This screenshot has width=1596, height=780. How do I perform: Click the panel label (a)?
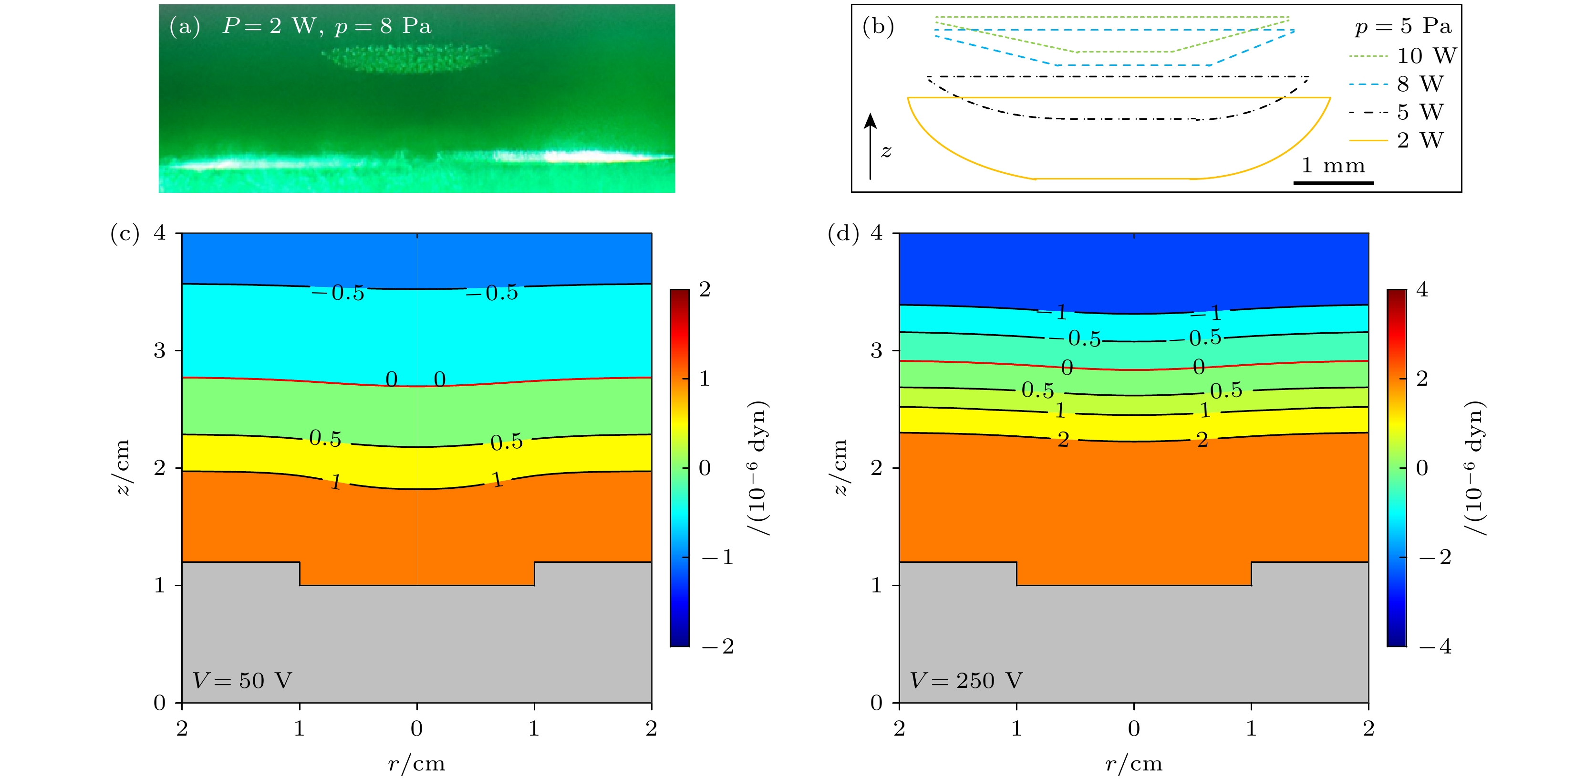pyautogui.click(x=185, y=27)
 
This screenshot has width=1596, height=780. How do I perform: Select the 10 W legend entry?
pyautogui.click(x=1403, y=56)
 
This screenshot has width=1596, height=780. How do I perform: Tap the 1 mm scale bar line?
pyautogui.click(x=1333, y=182)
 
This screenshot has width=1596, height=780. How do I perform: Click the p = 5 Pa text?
pyautogui.click(x=1403, y=26)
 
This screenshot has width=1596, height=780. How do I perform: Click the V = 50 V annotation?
pyautogui.click(x=242, y=680)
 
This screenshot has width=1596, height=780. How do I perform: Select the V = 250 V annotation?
pyautogui.click(x=966, y=680)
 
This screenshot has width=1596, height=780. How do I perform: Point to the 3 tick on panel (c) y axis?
pyautogui.click(x=160, y=351)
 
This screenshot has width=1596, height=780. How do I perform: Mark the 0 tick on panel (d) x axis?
pyautogui.click(x=1134, y=728)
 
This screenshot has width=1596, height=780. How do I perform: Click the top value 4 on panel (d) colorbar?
pyautogui.click(x=1422, y=290)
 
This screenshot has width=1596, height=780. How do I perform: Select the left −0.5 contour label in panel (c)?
pyautogui.click(x=338, y=292)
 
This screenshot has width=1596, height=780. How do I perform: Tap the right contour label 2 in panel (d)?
pyautogui.click(x=1202, y=440)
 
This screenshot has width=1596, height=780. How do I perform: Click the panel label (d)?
pyautogui.click(x=843, y=234)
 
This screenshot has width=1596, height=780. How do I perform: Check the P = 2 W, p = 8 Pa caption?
pyautogui.click(x=327, y=26)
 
